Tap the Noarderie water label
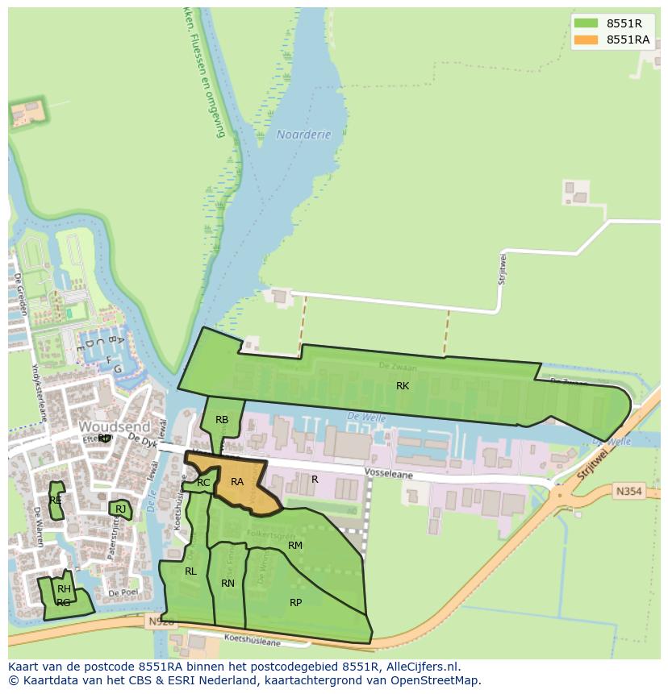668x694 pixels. click(x=304, y=135)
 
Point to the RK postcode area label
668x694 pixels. click(x=403, y=386)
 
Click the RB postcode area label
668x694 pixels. click(x=222, y=420)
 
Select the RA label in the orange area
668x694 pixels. click(x=237, y=482)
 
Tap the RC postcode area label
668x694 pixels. click(x=203, y=483)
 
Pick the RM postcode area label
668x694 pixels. click(x=295, y=546)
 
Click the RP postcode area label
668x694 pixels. click(x=295, y=603)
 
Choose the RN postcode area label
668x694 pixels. click(x=228, y=584)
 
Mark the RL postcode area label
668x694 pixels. click(x=190, y=571)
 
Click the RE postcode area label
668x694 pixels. click(x=56, y=501)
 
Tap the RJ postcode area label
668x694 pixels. click(x=120, y=509)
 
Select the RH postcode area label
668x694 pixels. click(x=64, y=589)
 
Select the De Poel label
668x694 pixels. click(x=123, y=592)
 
